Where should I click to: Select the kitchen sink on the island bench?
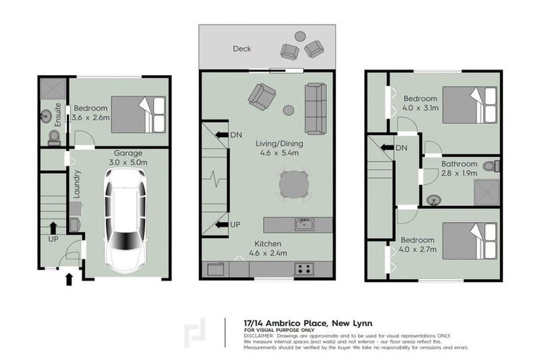pyautogui.click(x=304, y=225)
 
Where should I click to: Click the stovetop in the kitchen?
pyautogui.click(x=304, y=269)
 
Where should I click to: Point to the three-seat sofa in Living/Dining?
pyautogui.click(x=316, y=109)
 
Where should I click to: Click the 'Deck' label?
pyautogui.click(x=243, y=49)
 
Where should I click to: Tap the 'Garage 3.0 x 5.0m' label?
pyautogui.click(x=128, y=157)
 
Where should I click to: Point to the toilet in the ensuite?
pyautogui.click(x=53, y=136)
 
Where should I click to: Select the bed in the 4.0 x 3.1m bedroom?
pyautogui.click(x=470, y=105)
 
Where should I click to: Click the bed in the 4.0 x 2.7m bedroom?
pyautogui.click(x=470, y=241)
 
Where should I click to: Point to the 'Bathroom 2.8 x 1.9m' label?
pyautogui.click(x=459, y=168)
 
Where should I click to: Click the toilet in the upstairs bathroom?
pyautogui.click(x=496, y=167)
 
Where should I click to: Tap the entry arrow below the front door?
pyautogui.click(x=68, y=280)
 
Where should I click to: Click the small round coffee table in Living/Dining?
pyautogui.click(x=288, y=110)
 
